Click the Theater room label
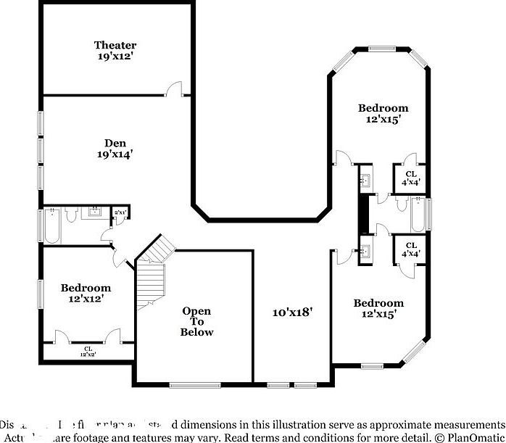(x=115, y=50)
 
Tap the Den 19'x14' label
(x=115, y=148)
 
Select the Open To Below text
(x=196, y=322)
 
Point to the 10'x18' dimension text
(x=291, y=312)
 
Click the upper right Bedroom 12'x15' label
(x=383, y=113)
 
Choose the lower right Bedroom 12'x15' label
(x=378, y=308)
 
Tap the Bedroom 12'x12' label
(x=85, y=293)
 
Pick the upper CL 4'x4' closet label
(x=410, y=178)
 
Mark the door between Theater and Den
(x=174, y=90)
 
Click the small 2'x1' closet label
(x=120, y=212)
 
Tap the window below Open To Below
(x=194, y=384)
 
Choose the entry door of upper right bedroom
(x=341, y=159)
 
